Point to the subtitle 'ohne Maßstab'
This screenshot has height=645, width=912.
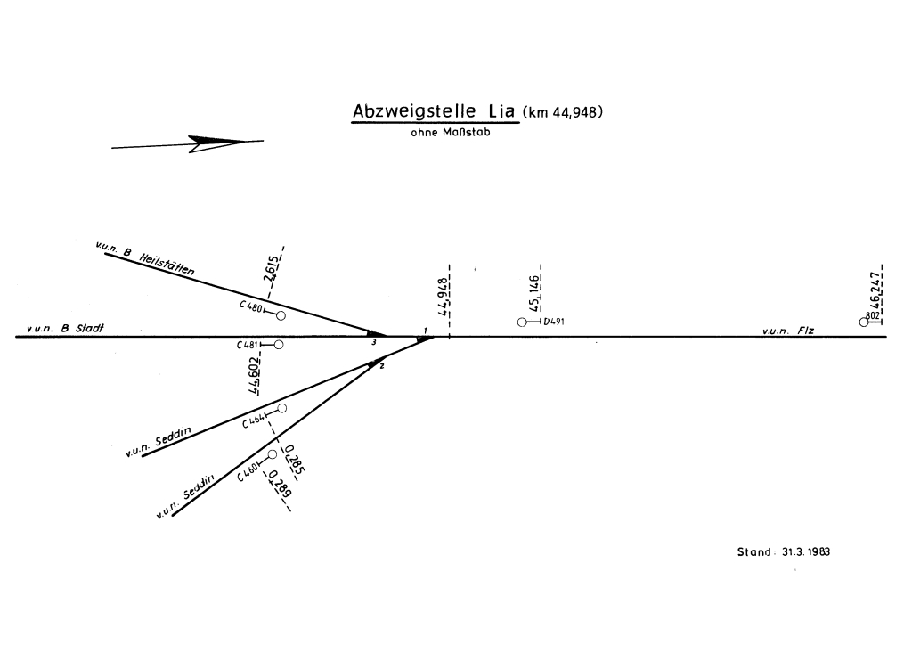tap(450, 134)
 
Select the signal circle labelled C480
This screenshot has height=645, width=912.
tap(281, 315)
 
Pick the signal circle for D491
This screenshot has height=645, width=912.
tap(522, 322)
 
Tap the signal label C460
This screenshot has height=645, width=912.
tap(248, 470)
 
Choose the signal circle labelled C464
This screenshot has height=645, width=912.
tap(281, 408)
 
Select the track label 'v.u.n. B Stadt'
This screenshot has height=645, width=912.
tap(65, 329)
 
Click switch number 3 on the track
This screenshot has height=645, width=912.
tap(374, 341)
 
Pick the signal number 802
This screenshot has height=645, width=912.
tap(873, 314)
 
